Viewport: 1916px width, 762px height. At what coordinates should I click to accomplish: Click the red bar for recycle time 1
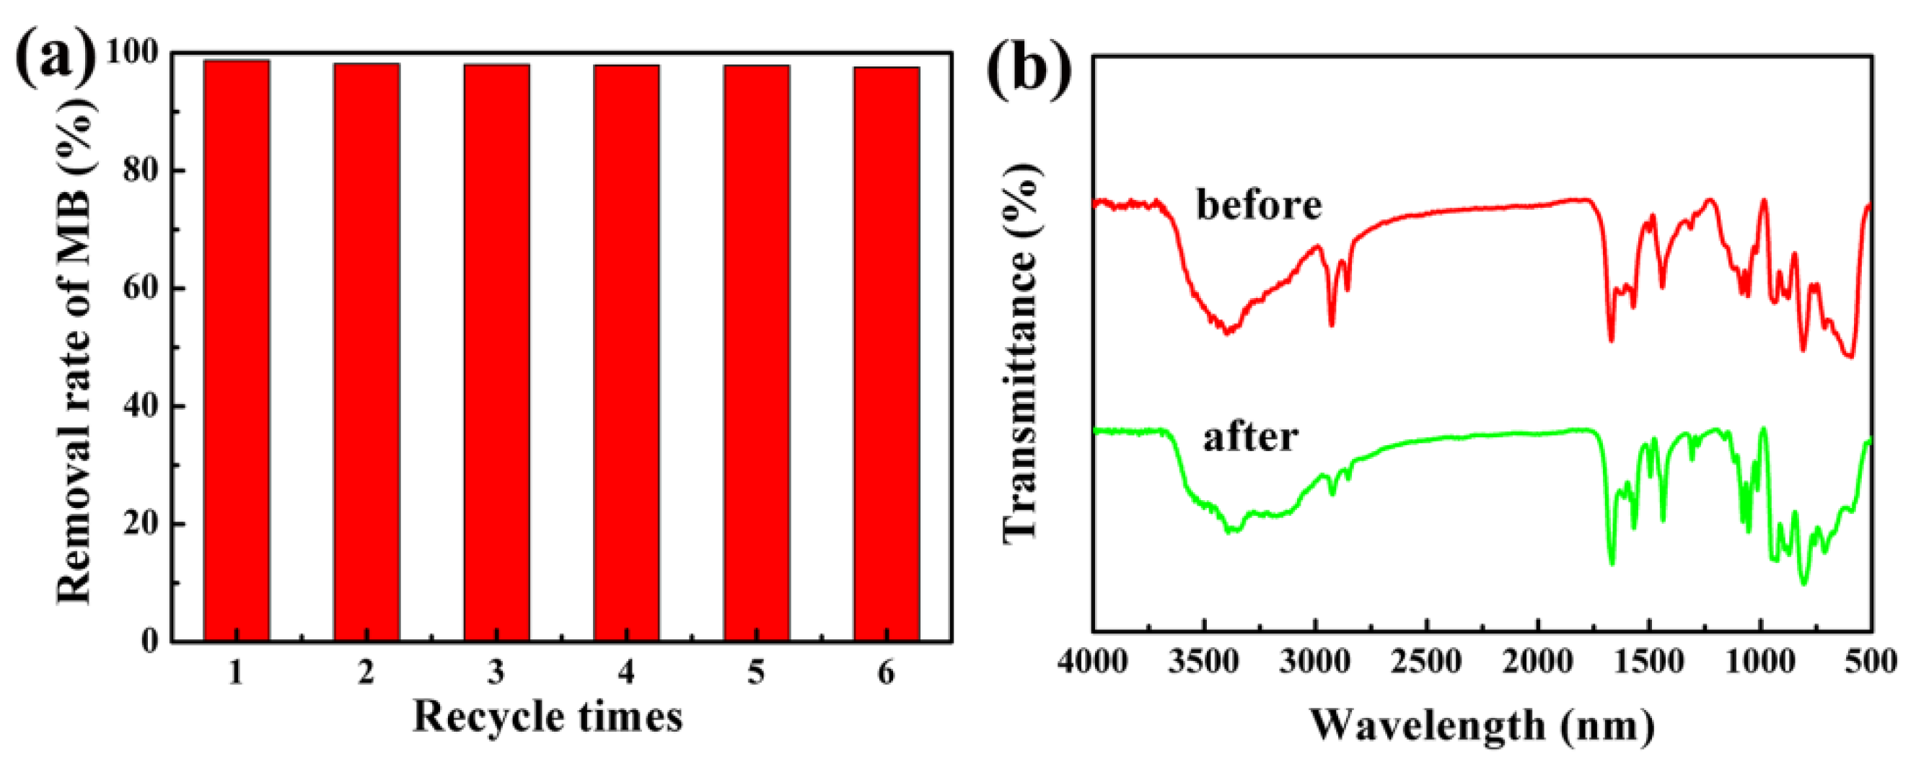(x=237, y=350)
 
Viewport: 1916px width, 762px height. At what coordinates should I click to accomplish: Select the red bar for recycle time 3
(x=496, y=352)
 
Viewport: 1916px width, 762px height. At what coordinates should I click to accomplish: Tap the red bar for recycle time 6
(x=887, y=354)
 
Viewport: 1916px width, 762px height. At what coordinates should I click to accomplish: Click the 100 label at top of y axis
(x=131, y=52)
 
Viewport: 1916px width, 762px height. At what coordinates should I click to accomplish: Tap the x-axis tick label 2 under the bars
(x=366, y=673)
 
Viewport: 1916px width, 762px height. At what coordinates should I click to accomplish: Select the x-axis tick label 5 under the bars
(x=757, y=673)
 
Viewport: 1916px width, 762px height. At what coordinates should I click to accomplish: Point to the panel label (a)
(x=56, y=56)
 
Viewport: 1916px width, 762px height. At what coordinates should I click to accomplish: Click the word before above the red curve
(x=1259, y=205)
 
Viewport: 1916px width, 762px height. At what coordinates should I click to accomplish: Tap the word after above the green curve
(x=1250, y=437)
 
